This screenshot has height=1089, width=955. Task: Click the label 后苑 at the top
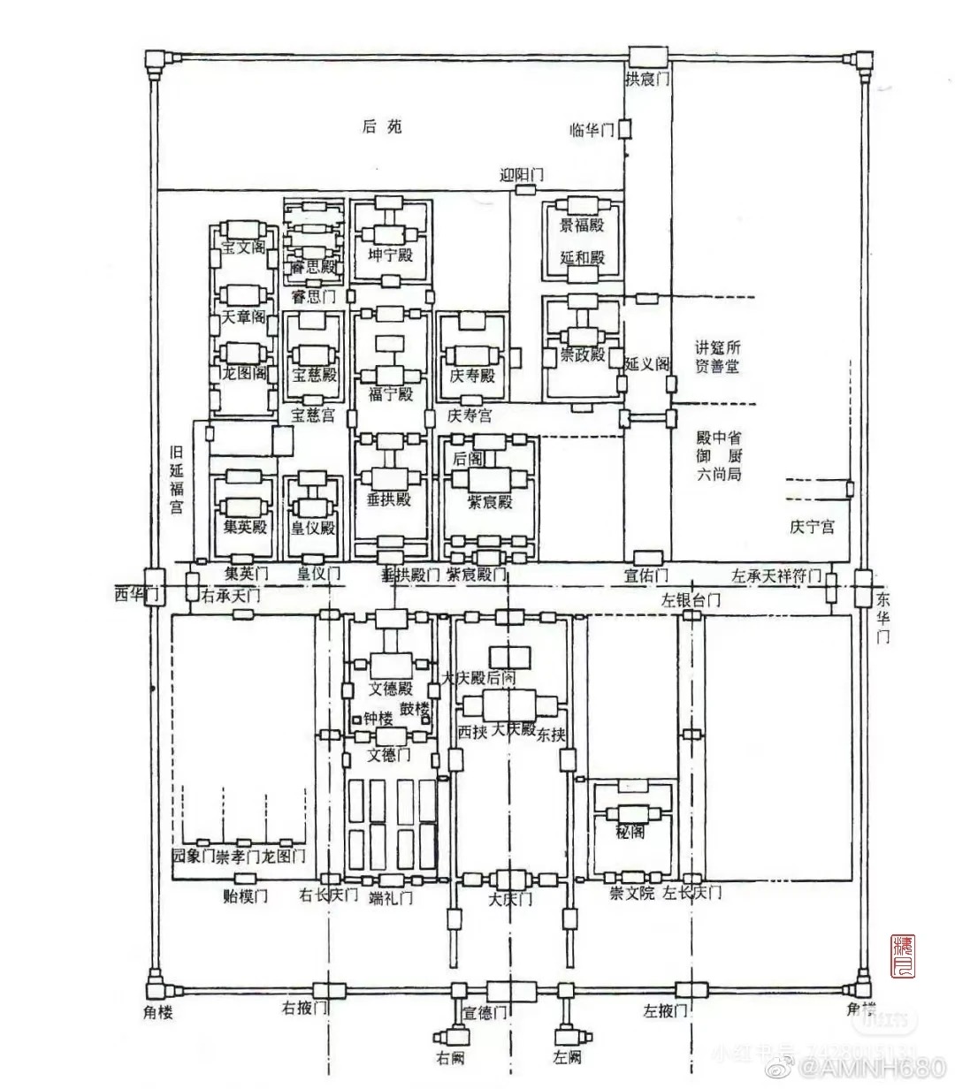pos(382,126)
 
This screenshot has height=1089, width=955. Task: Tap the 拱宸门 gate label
pos(647,80)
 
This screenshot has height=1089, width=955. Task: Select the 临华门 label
pos(592,131)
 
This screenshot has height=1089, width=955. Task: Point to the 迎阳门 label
pos(522,174)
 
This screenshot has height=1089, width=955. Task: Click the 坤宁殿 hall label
pos(390,256)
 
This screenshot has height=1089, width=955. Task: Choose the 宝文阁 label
pos(243,247)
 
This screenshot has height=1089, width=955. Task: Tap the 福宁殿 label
pos(390,393)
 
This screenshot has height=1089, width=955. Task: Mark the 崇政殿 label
pos(582,355)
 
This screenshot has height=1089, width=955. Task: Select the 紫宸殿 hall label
pos(490,501)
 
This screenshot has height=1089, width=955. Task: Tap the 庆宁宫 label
pos(812,527)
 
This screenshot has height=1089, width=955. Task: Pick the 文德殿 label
pos(390,688)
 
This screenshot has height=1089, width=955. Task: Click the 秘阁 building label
pos(630,833)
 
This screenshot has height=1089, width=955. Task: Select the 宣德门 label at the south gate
pos(485,1013)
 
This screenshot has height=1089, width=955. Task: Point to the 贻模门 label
pos(245,895)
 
